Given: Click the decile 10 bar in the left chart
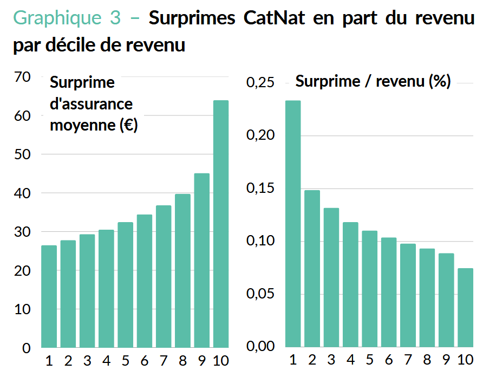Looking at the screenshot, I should coord(221,224).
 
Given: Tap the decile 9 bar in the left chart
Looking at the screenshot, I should coord(202,260).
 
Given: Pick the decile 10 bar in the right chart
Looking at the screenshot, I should coord(466,307).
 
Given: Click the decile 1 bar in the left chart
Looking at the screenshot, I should coord(49,296).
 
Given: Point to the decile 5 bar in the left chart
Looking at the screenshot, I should coord(125,284).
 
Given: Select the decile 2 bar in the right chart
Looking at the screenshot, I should coord(312,268).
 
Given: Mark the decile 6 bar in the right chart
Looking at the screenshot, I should coord(389,292).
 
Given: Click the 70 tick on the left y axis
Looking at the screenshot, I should coord(22,77).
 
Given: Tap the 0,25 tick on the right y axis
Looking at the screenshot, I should coord(261,83).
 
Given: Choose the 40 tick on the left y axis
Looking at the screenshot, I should coord(22,193).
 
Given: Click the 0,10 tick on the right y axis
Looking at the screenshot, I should coord(261,242).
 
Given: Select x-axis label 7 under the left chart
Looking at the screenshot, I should coord(164,361).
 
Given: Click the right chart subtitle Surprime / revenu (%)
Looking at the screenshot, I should coord(373,82).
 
